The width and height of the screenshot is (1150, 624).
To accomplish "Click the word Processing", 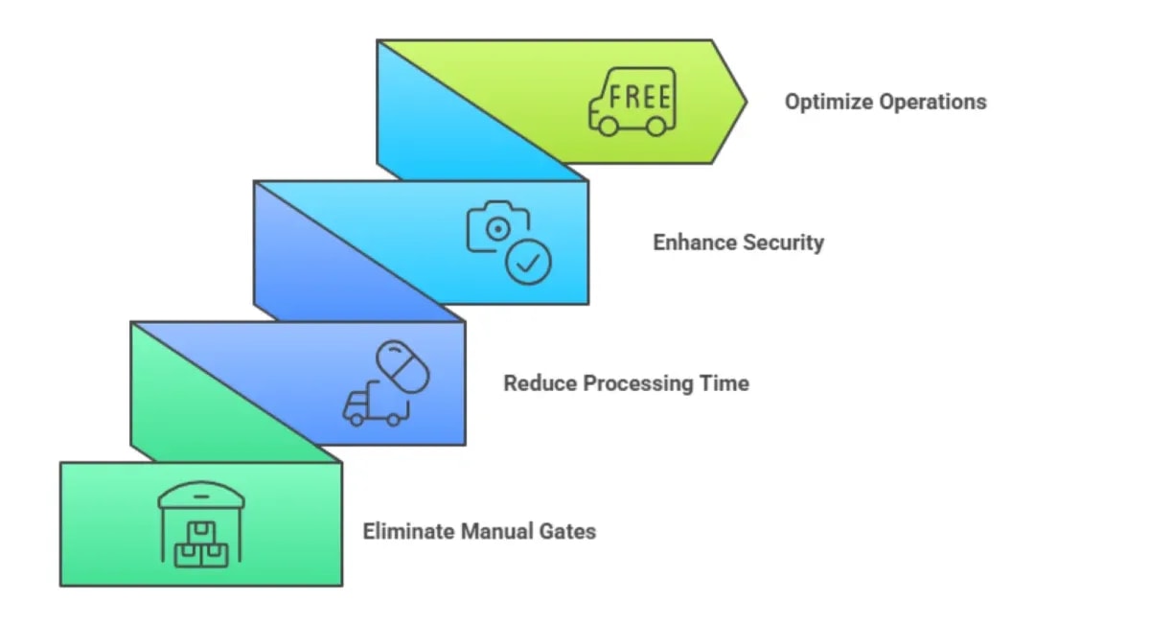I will click(x=635, y=383).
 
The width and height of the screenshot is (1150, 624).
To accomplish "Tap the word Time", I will click(x=726, y=383).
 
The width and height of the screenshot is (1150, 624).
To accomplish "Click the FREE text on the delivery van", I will click(x=640, y=98).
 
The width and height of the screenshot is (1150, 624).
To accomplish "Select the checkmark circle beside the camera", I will click(x=528, y=262).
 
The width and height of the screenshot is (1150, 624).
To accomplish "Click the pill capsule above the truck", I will click(x=402, y=365).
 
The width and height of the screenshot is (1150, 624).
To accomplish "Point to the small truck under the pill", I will click(x=369, y=406).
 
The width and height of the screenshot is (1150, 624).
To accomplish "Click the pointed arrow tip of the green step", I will click(x=743, y=101).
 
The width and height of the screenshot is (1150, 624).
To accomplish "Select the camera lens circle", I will click(x=496, y=229).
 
